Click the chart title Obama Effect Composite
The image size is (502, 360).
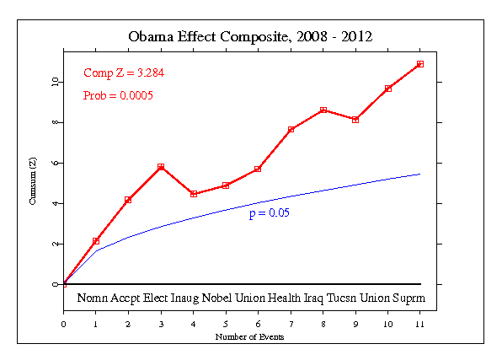pyautogui.click(x=250, y=37)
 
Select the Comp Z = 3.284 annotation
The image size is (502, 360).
pyautogui.click(x=124, y=73)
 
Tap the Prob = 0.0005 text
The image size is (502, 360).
pyautogui.click(x=118, y=95)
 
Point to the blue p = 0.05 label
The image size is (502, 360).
pyautogui.click(x=270, y=214)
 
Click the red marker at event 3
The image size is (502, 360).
pyautogui.click(x=161, y=167)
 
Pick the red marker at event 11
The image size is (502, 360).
pyautogui.click(x=419, y=64)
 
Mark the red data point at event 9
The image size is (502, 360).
pyautogui.click(x=355, y=120)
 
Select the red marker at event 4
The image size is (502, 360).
pyautogui.click(x=194, y=194)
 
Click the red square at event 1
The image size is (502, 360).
pyautogui.click(x=96, y=241)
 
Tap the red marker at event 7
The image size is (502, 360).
pyautogui.click(x=291, y=130)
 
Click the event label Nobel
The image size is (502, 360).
pyautogui.click(x=218, y=298)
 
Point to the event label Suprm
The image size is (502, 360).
pyautogui.click(x=410, y=298)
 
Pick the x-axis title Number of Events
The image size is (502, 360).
pyautogui.click(x=250, y=337)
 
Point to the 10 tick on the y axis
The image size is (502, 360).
pyautogui.click(x=54, y=82)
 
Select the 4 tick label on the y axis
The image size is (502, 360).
pyautogui.click(x=54, y=203)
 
